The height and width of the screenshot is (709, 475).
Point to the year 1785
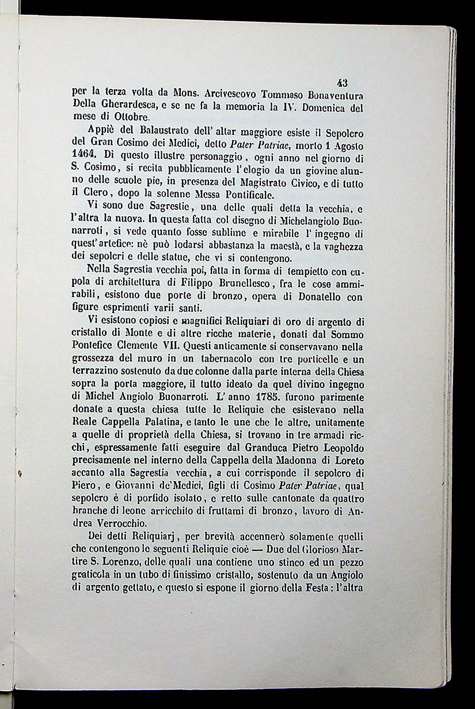coord(253,398)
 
